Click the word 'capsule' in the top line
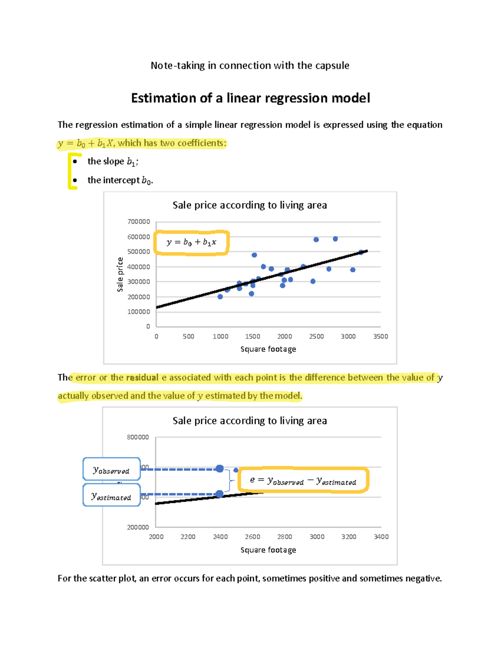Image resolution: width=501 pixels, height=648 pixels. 332,66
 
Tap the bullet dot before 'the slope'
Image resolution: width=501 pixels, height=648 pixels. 75,161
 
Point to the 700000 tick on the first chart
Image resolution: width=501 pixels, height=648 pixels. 139,222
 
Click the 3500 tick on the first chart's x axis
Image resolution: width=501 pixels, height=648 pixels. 380,336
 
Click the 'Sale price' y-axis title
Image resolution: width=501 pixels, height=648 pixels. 120,274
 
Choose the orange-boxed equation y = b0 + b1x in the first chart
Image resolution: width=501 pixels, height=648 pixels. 191,242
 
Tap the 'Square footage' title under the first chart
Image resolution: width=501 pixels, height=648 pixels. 268,349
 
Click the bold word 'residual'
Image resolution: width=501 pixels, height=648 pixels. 142,378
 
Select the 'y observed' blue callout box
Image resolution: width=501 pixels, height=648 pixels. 111,469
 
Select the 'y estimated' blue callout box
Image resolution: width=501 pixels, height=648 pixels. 111,496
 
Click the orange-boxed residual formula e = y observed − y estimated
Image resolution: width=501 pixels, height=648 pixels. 303,481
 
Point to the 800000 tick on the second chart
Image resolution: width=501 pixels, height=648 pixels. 138,437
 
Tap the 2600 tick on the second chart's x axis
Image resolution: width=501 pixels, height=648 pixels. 252,537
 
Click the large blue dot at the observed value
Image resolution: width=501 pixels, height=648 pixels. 220,469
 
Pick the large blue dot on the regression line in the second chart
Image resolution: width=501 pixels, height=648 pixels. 220,494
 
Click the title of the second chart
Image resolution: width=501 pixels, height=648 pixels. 250,421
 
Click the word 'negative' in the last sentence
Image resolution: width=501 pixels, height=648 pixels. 423,578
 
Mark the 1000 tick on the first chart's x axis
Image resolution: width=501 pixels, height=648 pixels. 220,336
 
